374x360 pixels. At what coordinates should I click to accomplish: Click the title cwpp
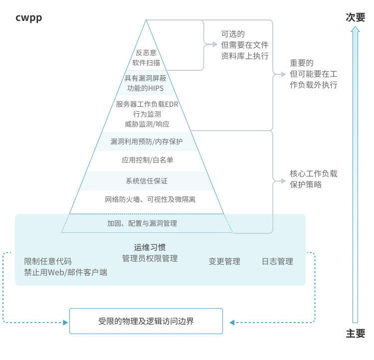pos(29,18)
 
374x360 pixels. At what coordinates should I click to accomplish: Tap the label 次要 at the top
pos(355,17)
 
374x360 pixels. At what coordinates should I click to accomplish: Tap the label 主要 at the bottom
pos(355,334)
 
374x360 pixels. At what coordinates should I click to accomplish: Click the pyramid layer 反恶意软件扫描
pos(146,58)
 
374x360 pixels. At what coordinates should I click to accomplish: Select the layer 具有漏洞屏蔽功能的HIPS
pos(146,83)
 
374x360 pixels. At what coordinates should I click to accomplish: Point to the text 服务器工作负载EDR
pos(147,104)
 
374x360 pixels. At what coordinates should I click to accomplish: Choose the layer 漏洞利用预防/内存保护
pos(147,142)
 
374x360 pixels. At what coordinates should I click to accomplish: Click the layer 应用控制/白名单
pos(147,160)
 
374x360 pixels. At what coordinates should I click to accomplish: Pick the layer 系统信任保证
pos(147,180)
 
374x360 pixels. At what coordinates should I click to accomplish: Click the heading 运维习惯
pos(150,247)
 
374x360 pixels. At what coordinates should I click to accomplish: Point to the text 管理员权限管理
pos(150,258)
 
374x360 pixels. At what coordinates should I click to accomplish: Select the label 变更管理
pos(224,261)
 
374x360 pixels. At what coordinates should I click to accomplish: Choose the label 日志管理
pos(277,261)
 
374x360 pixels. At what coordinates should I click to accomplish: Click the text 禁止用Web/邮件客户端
pos(65,272)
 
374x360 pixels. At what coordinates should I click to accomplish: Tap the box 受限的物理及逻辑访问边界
pos(146,321)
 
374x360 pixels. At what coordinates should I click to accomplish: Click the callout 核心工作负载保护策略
pos(313,179)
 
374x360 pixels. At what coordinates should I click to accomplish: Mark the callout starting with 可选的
pos(244,45)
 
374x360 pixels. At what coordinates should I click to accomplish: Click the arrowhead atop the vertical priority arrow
pos(355,29)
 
